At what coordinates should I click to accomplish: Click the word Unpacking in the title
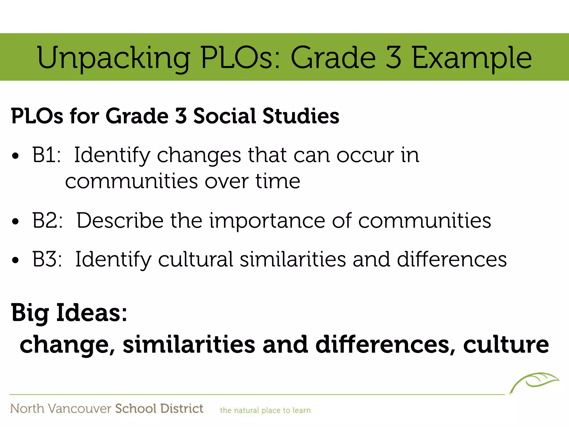coord(113,58)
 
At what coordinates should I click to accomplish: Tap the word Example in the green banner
coord(471,58)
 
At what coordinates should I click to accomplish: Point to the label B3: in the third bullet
coord(47,259)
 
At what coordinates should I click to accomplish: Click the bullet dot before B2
coord(16,222)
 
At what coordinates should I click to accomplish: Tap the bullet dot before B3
coord(16,260)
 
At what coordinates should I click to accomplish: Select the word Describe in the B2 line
coord(120,220)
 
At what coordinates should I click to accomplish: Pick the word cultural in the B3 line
coord(196,259)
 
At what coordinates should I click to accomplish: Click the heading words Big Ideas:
coord(69,313)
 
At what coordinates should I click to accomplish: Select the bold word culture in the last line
coord(506,344)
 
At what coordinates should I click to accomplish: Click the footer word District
coord(182,409)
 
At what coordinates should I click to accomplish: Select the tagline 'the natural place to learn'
coord(265,410)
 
